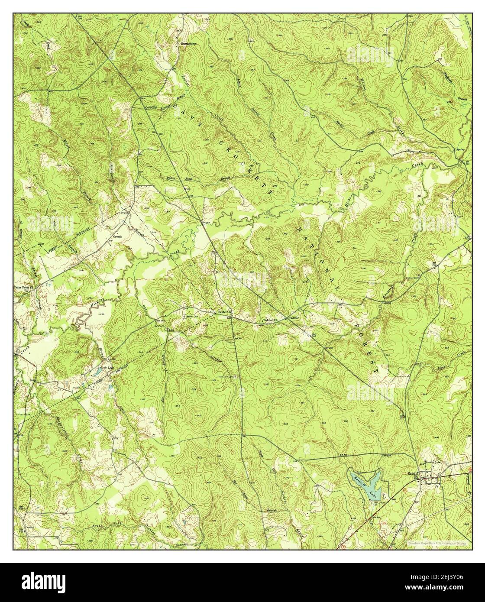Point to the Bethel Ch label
click(x=224, y=311)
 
